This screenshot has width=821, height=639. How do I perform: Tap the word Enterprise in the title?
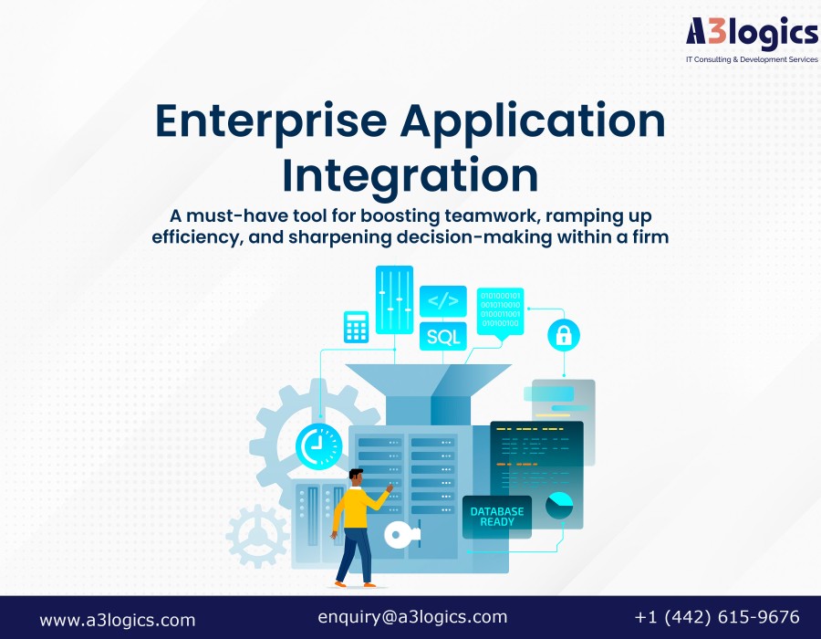click(x=271, y=122)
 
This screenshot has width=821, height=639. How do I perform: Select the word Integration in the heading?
click(x=410, y=175)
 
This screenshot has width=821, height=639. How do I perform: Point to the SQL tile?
click(x=443, y=336)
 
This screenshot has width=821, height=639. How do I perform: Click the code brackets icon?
click(x=443, y=301)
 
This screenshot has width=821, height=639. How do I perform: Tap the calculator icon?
click(x=356, y=327)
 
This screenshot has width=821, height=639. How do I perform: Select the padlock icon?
click(x=564, y=335)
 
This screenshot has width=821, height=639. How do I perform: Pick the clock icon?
click(x=318, y=445)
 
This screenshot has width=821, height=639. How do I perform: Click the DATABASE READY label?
click(x=497, y=517)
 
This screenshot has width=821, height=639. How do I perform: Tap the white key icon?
click(x=401, y=535)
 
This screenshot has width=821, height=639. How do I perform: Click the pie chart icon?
click(x=559, y=506)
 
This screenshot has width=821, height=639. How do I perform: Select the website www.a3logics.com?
click(x=118, y=620)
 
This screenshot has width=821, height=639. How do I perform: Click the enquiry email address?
click(x=412, y=617)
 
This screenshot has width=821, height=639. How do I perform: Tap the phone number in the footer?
click(x=717, y=617)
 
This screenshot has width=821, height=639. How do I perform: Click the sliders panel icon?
click(x=394, y=299)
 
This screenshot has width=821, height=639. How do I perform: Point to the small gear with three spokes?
click(x=257, y=536)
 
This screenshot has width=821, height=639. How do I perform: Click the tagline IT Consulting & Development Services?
click(x=752, y=59)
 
